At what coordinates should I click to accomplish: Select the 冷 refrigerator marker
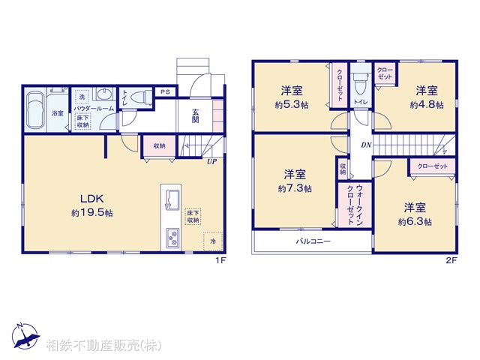pyautogui.click(x=212, y=242)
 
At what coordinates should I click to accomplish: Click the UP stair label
pyautogui.click(x=212, y=160)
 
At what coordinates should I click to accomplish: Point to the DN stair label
pyautogui.click(x=365, y=144)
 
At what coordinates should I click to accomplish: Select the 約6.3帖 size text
pyautogui.click(x=415, y=222)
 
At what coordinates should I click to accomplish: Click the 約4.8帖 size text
pyautogui.click(x=427, y=105)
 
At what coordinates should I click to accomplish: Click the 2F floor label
pyautogui.click(x=451, y=260)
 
